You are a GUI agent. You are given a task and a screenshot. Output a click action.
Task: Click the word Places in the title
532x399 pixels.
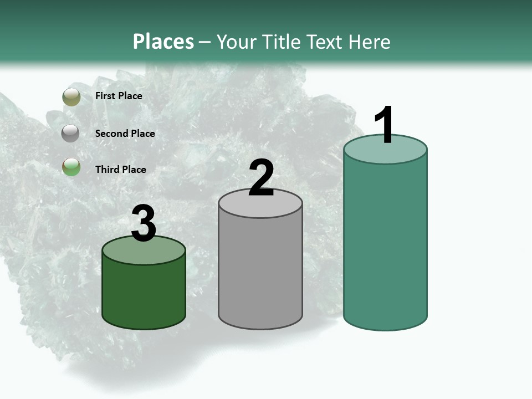tap(163, 42)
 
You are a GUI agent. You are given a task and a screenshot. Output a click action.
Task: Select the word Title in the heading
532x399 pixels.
tap(284, 42)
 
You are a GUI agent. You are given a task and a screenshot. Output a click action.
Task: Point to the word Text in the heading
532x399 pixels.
tap(326, 42)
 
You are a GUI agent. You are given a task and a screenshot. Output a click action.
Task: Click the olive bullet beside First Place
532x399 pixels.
tap(71, 96)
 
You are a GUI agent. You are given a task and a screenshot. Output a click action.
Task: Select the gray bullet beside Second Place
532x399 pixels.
tap(71, 133)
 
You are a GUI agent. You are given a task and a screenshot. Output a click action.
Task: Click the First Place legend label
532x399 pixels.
tap(119, 96)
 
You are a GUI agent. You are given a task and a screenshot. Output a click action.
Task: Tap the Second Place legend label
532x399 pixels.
tap(125, 133)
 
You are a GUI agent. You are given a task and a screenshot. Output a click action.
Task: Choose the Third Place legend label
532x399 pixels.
tap(120, 170)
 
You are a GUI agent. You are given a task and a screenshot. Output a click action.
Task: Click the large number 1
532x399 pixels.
tap(384, 125)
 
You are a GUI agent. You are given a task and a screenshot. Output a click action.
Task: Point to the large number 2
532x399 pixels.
tap(261, 178)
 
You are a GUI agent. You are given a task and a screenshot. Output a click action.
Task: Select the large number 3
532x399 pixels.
tap(144, 223)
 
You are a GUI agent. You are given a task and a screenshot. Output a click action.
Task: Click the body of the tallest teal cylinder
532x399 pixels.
tap(385, 244)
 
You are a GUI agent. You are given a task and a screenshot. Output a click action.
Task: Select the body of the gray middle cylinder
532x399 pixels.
tap(260, 272)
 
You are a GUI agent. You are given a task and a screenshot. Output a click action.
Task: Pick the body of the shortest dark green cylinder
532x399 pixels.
tap(144, 294)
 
